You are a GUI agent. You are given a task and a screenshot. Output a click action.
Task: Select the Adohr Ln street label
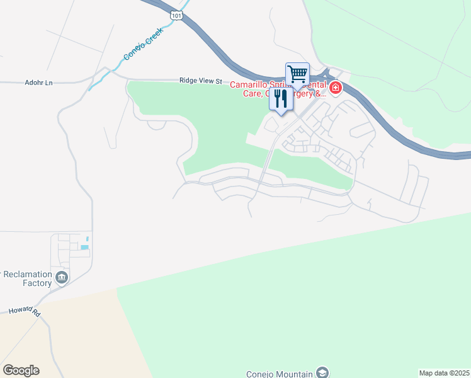pos(40,82)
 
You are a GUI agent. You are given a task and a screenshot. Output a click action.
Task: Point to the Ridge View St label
pos(201,81)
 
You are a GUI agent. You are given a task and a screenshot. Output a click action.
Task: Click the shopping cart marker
pos(297,74)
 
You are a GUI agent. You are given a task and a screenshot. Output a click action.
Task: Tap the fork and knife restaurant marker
pos(281,99)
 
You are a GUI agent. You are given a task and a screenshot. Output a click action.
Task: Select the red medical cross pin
pos(335,88)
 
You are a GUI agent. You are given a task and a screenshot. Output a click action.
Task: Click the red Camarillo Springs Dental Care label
pos(277,89)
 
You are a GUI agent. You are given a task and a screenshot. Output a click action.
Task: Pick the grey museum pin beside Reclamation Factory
pos(61,277)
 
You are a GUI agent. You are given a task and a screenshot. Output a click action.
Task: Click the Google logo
pos(21,370)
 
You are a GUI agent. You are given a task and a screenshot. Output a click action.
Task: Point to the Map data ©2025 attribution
pos(444,373)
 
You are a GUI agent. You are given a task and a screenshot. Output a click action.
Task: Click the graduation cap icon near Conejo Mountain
pos(322,373)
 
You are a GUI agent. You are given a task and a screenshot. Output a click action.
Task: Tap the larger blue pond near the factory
pos(84,247)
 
